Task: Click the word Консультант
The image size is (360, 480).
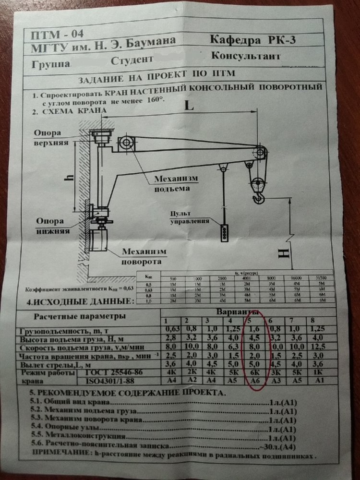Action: tap(245, 56)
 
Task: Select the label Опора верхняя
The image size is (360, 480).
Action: tap(52, 138)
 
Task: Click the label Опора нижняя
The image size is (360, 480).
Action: tap(52, 226)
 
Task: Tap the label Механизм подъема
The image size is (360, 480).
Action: tap(176, 183)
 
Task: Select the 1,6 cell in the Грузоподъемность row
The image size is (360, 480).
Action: tap(255, 330)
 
